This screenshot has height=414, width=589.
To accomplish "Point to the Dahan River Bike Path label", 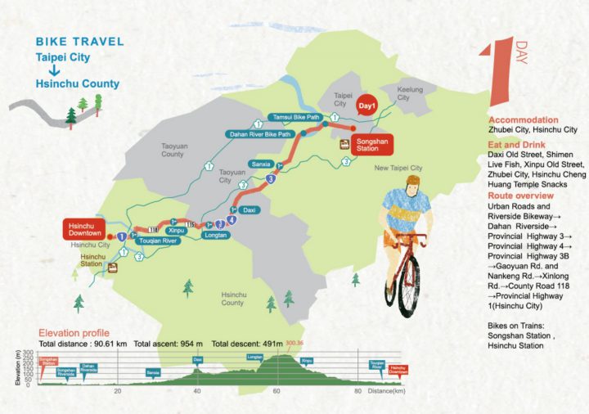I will click(x=259, y=134).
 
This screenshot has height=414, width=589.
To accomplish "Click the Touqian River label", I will click(x=159, y=242).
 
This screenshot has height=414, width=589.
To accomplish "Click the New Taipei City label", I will click(x=398, y=168).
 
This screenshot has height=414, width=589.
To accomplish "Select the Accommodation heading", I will click(x=523, y=119).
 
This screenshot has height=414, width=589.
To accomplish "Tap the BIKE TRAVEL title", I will click(x=80, y=41).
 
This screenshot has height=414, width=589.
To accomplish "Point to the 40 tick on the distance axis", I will click(x=197, y=391).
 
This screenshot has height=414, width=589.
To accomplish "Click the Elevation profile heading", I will click(x=74, y=333).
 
